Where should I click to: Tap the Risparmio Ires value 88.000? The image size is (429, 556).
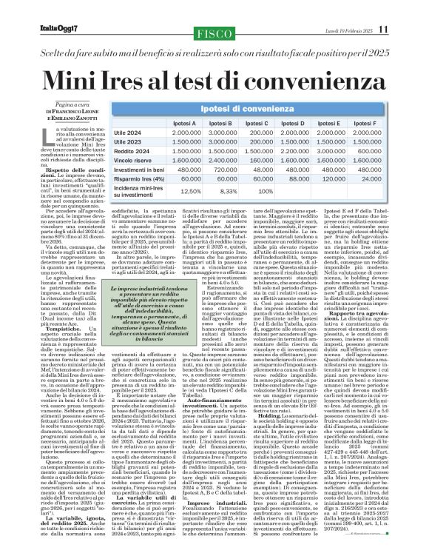point(299,178)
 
